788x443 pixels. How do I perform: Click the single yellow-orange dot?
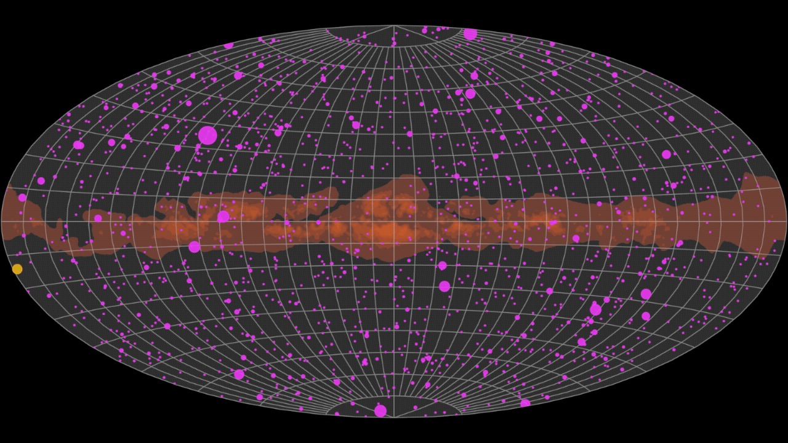point(17,269)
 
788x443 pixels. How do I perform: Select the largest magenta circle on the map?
point(207,135)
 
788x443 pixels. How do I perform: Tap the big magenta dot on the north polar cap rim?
point(470,34)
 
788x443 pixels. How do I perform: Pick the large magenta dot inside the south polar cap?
point(380,410)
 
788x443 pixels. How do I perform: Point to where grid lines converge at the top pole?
point(394,26)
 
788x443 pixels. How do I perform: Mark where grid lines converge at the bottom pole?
point(394,417)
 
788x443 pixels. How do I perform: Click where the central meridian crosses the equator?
point(394,221)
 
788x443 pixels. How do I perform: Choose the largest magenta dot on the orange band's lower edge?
point(195,247)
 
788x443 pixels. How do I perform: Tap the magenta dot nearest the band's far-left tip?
point(22,198)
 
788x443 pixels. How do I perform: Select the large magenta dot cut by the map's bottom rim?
point(525,404)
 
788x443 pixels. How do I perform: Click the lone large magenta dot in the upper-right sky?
point(666,154)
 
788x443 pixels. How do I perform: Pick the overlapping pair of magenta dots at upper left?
point(78,145)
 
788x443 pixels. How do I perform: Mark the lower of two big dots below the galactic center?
point(444,286)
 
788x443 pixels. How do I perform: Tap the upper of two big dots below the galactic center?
point(442,266)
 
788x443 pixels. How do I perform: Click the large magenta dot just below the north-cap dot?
point(470,94)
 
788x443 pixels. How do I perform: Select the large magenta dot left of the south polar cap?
point(239,374)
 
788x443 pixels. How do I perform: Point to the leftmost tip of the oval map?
point(2,221)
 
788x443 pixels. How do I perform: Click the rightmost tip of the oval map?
point(786,221)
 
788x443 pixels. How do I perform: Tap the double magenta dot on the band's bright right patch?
point(553,223)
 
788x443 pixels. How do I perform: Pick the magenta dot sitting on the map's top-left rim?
point(228,45)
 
